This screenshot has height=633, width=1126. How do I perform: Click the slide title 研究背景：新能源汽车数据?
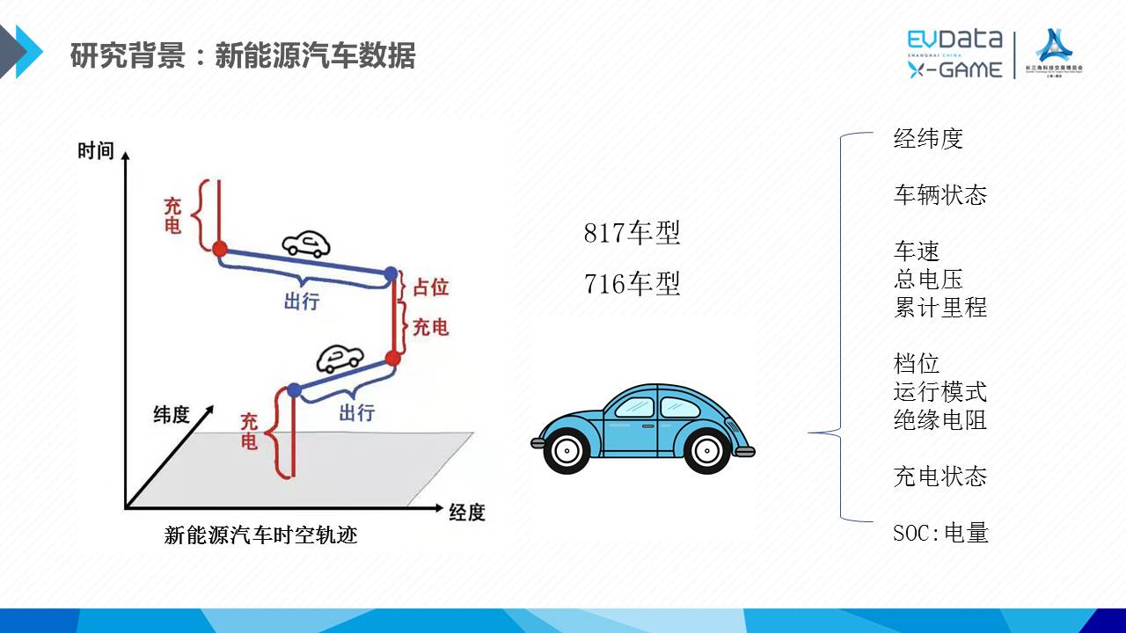click(243, 56)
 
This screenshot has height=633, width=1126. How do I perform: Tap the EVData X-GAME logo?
click(954, 54)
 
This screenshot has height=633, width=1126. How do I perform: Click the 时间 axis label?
click(96, 150)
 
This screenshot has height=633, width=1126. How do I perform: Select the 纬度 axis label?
click(172, 414)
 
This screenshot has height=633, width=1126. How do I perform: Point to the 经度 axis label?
click(467, 512)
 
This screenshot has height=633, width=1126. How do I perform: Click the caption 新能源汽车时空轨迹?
click(261, 535)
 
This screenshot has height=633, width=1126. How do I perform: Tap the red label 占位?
click(431, 287)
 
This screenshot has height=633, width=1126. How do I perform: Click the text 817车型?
click(632, 234)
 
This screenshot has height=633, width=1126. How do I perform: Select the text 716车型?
click(632, 285)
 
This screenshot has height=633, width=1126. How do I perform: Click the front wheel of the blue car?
click(707, 449)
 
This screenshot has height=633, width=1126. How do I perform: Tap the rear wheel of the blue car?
click(567, 449)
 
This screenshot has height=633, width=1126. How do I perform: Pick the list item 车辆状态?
click(940, 195)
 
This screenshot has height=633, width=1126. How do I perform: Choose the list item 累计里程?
click(940, 308)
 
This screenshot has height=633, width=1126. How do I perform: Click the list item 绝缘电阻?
click(940, 420)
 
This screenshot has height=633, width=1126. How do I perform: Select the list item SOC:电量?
click(940, 533)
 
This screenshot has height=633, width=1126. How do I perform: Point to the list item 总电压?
click(928, 280)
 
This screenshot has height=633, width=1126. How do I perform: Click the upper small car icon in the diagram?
click(306, 244)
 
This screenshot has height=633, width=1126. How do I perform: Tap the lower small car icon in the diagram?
click(340, 358)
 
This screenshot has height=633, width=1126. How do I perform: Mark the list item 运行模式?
click(940, 392)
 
